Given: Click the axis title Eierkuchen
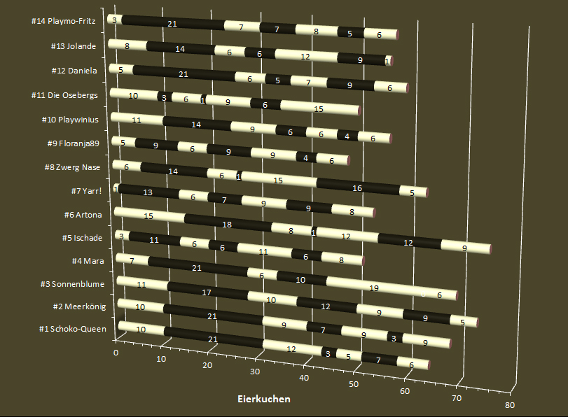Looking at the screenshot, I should pyautogui.click(x=264, y=400).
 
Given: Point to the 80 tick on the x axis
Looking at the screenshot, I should pyautogui.click(x=509, y=405).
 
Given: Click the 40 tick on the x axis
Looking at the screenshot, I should pyautogui.click(x=303, y=379).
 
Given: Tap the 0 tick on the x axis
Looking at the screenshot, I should pyautogui.click(x=116, y=353).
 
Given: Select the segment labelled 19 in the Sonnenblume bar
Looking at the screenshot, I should pyautogui.click(x=373, y=288).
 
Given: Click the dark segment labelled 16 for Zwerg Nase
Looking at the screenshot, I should pyautogui.click(x=357, y=188).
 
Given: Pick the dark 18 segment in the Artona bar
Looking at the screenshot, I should pyautogui.click(x=226, y=225).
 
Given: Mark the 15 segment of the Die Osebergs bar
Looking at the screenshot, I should pyautogui.click(x=319, y=108).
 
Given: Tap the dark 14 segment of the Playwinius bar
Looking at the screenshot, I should pyautogui.click(x=196, y=124).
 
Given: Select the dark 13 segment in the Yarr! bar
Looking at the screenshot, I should pyautogui.click(x=148, y=192).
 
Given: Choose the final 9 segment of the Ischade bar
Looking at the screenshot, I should pyautogui.click(x=465, y=247).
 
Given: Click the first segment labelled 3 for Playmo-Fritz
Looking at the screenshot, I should pyautogui.click(x=114, y=20).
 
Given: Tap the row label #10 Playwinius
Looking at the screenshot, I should pyautogui.click(x=74, y=120).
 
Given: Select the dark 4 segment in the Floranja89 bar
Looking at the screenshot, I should pyautogui.click(x=306, y=157).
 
